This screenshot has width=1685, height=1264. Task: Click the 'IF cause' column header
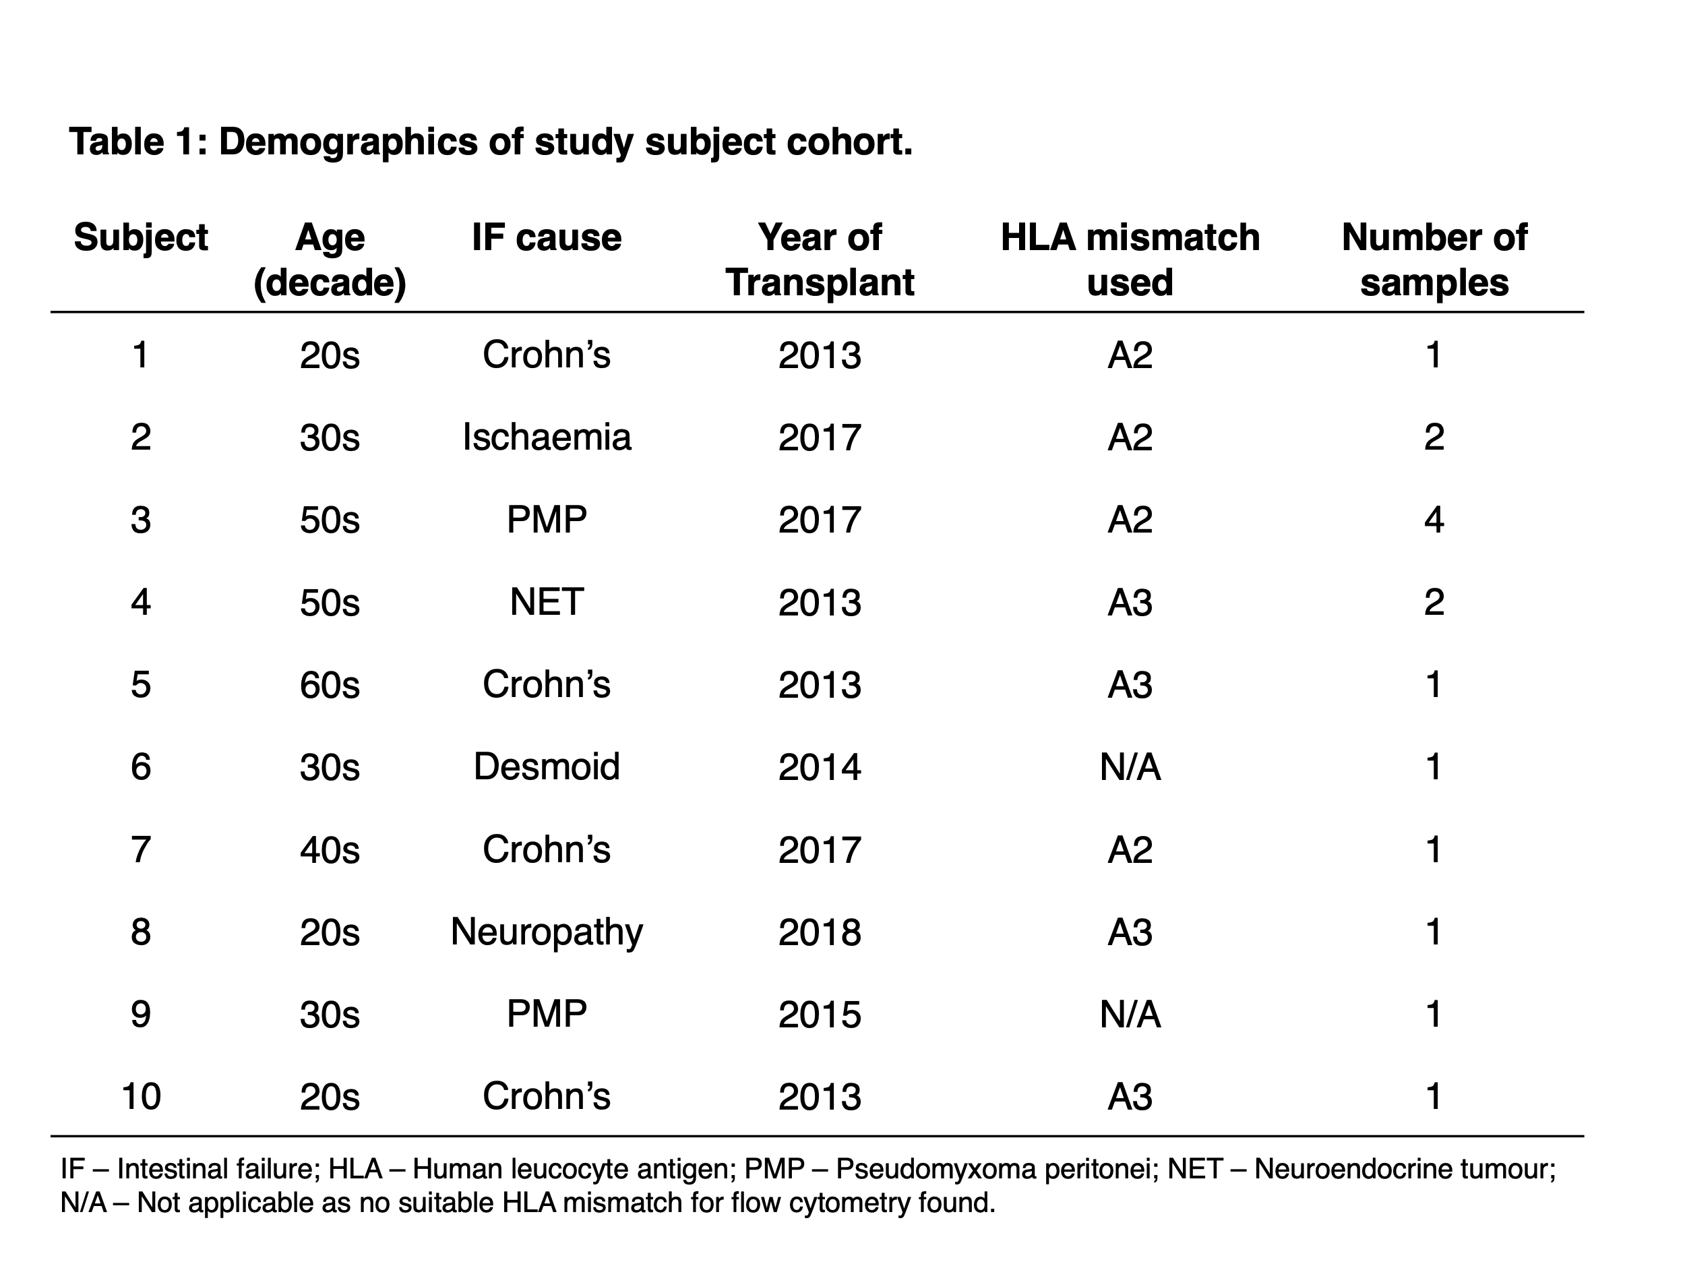546,238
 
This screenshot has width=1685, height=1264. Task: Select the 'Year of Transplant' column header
820,260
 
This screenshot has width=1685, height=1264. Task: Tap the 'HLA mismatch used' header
1130,260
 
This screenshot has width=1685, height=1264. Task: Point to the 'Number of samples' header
1434,260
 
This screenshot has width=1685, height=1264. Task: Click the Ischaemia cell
547,438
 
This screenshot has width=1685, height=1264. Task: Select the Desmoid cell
547,766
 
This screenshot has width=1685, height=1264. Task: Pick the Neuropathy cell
547,932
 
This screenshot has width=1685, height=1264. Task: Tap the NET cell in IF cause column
547,602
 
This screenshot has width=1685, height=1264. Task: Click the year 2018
820,932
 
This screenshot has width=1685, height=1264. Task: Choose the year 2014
820,766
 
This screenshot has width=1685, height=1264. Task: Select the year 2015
820,1014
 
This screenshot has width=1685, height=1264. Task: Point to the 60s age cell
329,684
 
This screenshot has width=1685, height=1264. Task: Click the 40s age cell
329,849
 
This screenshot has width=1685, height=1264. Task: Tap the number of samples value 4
1434,520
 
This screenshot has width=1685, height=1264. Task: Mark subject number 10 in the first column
141,1096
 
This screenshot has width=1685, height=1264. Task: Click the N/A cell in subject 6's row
1130,766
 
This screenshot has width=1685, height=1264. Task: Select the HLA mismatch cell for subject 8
1130,932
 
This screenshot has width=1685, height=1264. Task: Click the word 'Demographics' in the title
348,142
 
